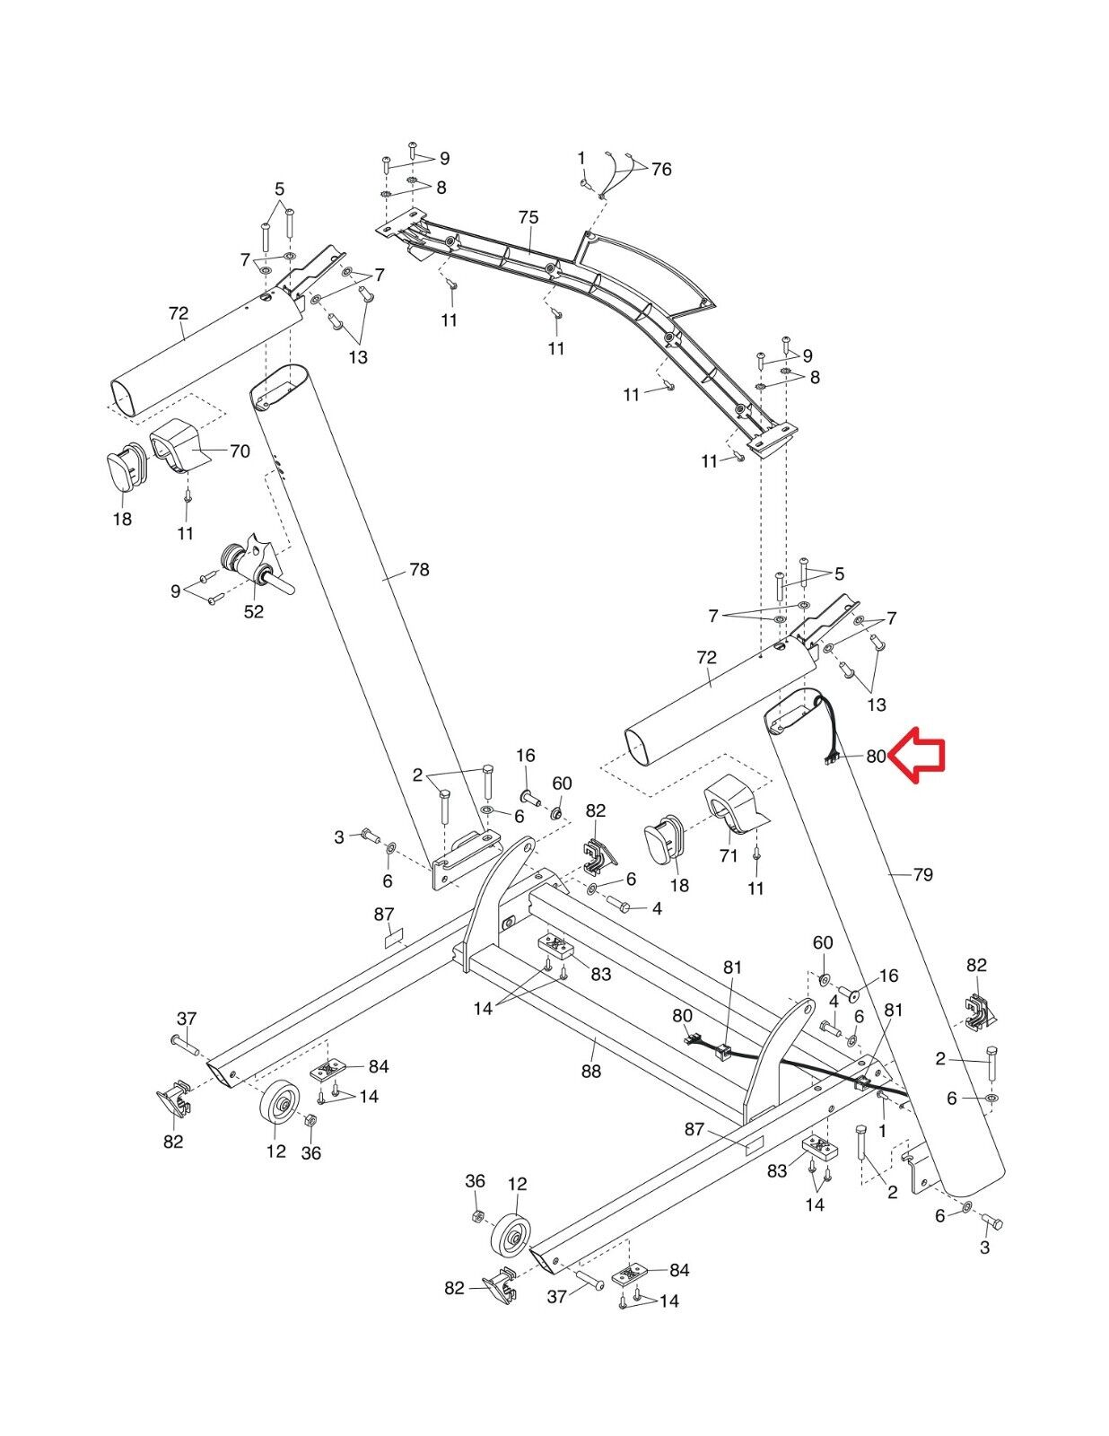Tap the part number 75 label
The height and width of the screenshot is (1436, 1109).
click(x=528, y=217)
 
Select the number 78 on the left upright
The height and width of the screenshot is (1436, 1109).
click(x=419, y=569)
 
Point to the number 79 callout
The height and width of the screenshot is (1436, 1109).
click(x=922, y=874)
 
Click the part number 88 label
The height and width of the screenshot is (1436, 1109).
click(x=591, y=1071)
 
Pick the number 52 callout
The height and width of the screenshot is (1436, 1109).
click(x=254, y=611)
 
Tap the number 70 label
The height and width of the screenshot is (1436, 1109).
click(x=240, y=451)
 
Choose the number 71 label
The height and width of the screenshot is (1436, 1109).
click(x=728, y=855)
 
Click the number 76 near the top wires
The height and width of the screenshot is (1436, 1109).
click(x=661, y=169)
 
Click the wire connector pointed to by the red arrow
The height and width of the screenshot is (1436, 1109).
click(x=831, y=759)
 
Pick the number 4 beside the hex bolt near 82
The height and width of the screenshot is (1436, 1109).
click(x=657, y=908)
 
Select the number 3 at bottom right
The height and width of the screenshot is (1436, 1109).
click(x=985, y=1247)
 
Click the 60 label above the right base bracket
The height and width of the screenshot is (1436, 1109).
click(x=823, y=942)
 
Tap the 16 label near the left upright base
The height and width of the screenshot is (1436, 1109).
click(x=525, y=756)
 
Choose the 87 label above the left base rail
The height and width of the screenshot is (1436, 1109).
click(x=384, y=914)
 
